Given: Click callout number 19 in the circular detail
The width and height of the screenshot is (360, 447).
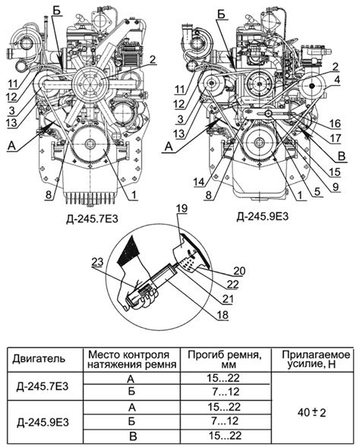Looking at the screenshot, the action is click(182, 209).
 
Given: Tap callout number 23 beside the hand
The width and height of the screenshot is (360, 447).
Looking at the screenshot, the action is click(97, 262).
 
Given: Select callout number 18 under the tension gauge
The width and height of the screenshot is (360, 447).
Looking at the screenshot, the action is click(223, 314).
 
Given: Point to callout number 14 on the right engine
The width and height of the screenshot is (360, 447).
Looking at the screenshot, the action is click(200, 181).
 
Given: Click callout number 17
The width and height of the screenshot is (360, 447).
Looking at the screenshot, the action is click(335, 138).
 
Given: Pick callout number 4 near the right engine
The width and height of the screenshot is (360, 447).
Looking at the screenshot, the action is click(337, 80).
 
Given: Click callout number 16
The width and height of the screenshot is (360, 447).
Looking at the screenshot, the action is click(335, 124).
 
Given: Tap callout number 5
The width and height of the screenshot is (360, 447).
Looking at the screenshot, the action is click(317, 192).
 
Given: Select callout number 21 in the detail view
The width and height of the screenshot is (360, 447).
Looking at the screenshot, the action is click(228, 299).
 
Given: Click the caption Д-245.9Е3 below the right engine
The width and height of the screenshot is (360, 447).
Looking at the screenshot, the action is click(262, 216).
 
